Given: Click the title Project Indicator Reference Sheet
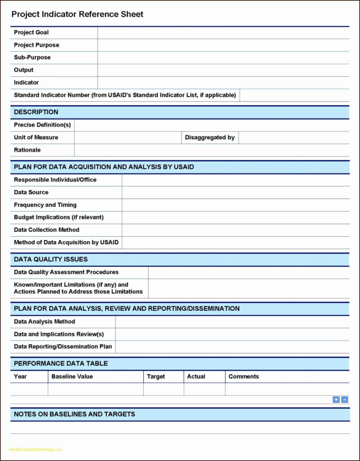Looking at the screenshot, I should pyautogui.click(x=77, y=14).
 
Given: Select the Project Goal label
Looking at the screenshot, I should pyautogui.click(x=31, y=32).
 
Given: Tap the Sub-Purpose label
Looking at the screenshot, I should pyautogui.click(x=32, y=58).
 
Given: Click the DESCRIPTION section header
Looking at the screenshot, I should pyautogui.click(x=36, y=112).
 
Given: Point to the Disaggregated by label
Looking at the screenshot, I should pyautogui.click(x=210, y=137).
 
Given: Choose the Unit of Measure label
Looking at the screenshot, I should pyautogui.click(x=36, y=137).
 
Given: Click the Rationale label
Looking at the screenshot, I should pyautogui.click(x=27, y=150).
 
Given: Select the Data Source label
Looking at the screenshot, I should pyautogui.click(x=31, y=192).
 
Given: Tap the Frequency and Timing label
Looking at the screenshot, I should pyautogui.click(x=45, y=205).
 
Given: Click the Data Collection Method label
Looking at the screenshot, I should pyautogui.click(x=47, y=230).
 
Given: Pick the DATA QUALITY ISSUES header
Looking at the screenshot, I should pyautogui.click(x=51, y=259).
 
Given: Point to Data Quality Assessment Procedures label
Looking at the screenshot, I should pyautogui.click(x=66, y=272).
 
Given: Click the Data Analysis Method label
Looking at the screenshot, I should pyautogui.click(x=45, y=322).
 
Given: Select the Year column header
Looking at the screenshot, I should pyautogui.click(x=20, y=376).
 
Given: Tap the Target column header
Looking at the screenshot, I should pyautogui.click(x=156, y=376).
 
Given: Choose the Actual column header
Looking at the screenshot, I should pyautogui.click(x=196, y=376).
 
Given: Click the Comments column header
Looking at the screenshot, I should pyautogui.click(x=244, y=376).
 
